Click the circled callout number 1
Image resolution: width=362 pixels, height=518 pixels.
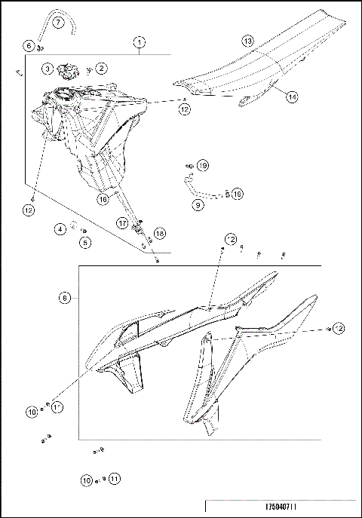[140, 43]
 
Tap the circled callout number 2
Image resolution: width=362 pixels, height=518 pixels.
[102, 69]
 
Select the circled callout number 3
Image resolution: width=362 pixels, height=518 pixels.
[47, 69]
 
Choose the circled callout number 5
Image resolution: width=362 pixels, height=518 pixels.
[85, 242]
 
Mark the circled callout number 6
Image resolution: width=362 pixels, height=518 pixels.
[29, 46]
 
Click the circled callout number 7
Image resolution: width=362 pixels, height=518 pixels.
[58, 23]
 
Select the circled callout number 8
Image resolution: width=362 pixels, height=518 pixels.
[65, 298]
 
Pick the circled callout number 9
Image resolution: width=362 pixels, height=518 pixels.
[198, 204]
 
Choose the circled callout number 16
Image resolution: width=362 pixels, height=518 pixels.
[103, 200]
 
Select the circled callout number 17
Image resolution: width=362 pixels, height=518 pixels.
[121, 222]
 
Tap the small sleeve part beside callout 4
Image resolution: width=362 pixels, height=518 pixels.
[74, 225]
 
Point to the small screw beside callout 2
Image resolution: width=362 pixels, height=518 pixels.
[89, 70]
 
